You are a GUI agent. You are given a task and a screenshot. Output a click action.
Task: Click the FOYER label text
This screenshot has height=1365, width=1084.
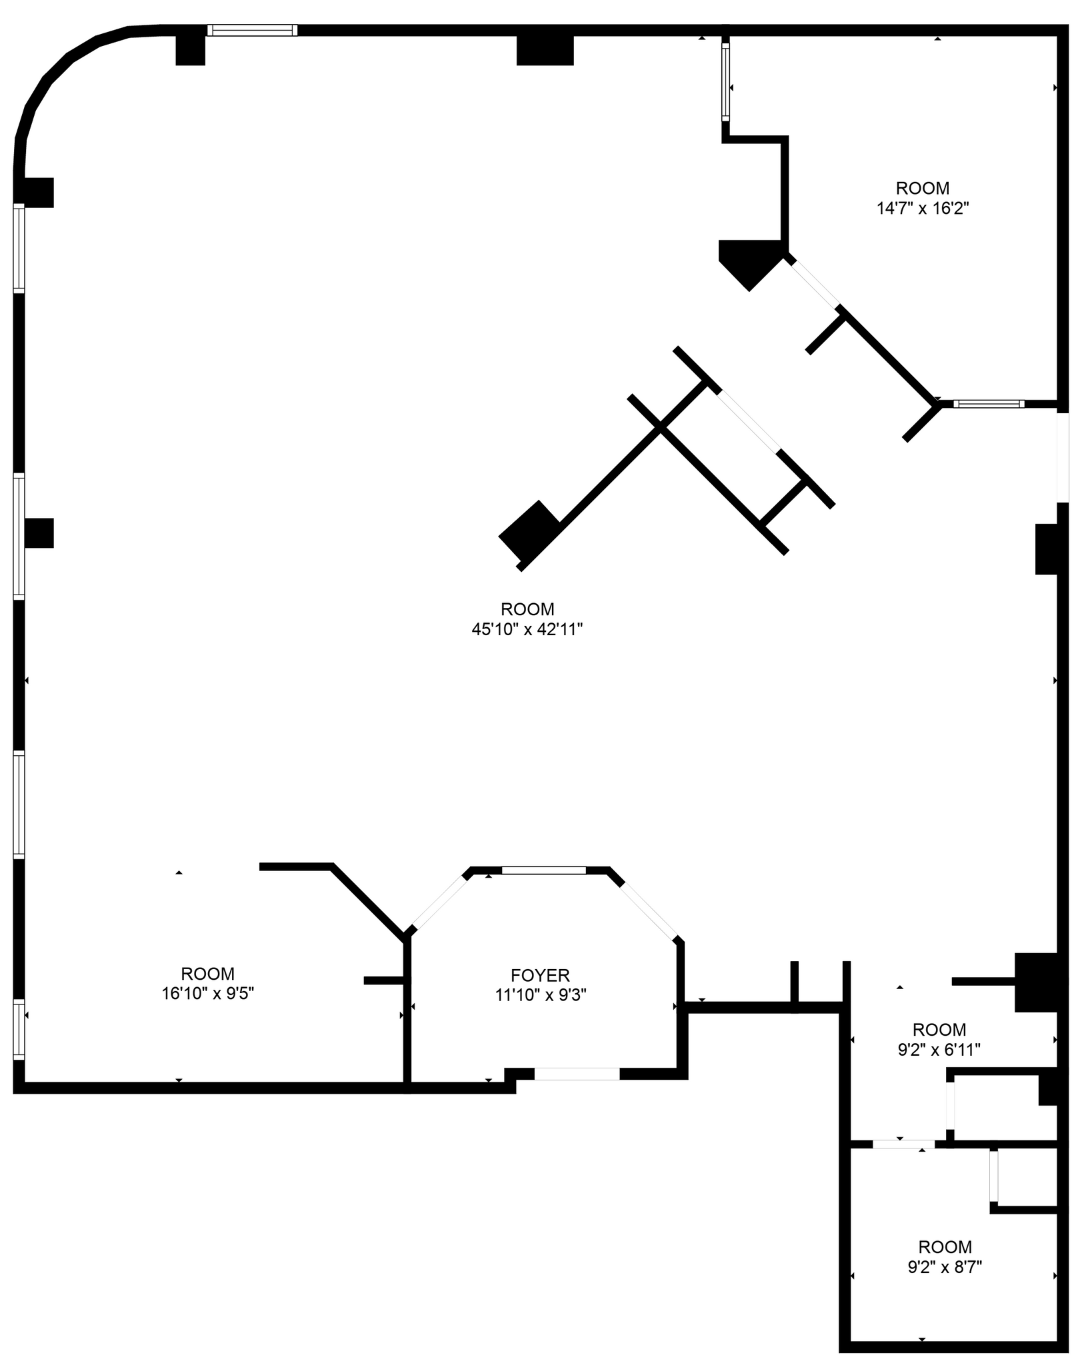pyautogui.click(x=540, y=976)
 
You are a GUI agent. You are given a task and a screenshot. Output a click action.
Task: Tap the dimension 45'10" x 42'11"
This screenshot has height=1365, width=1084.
pyautogui.click(x=527, y=629)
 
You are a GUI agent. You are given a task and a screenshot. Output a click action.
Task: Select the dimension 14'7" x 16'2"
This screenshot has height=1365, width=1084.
pyautogui.click(x=922, y=209)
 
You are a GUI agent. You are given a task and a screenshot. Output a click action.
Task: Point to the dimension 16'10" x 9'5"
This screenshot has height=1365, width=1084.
pyautogui.click(x=208, y=993)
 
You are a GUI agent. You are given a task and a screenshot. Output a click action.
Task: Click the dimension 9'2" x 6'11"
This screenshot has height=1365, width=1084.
pyautogui.click(x=939, y=1050)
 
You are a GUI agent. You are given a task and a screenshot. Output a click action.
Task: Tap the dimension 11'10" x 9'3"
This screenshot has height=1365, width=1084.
pyautogui.click(x=540, y=995)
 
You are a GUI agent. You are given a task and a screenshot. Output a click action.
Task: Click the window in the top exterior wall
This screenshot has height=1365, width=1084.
pyautogui.click(x=252, y=30)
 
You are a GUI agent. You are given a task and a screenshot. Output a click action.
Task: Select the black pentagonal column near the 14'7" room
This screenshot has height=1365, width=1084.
pyautogui.click(x=749, y=261)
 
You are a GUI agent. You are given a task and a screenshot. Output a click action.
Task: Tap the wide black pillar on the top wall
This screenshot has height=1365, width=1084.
pyautogui.click(x=545, y=50)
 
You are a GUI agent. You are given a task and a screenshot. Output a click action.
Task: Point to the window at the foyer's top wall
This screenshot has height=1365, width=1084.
pyautogui.click(x=543, y=870)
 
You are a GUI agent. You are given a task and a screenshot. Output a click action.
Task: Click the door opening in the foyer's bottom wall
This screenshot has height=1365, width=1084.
pyautogui.click(x=577, y=1074)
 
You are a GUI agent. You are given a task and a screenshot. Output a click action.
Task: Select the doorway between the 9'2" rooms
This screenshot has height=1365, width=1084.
pyautogui.click(x=903, y=1144)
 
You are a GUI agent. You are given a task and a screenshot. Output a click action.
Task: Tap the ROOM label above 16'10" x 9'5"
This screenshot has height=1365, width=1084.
pyautogui.click(x=208, y=974)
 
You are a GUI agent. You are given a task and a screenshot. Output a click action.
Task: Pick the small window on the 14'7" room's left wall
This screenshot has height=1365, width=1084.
pyautogui.click(x=725, y=81)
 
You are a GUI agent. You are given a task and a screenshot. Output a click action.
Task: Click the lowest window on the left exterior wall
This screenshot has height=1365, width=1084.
pyautogui.click(x=19, y=1029)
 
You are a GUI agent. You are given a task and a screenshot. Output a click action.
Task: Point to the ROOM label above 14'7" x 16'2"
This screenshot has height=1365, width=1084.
pyautogui.click(x=922, y=188)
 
